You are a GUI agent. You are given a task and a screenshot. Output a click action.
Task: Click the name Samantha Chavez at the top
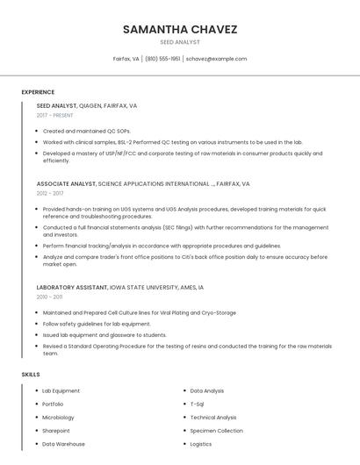pos(180,29)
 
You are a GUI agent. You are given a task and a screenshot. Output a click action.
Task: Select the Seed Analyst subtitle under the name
pos(180,42)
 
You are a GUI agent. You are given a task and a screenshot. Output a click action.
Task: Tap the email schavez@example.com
pos(216,59)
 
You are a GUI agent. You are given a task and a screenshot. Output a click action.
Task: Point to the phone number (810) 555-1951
pos(162,59)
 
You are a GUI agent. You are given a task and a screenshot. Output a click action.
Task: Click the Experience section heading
pos(38,92)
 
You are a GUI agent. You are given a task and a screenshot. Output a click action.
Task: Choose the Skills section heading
pos(31,375)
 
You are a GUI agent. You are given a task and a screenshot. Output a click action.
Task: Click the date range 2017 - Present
pos(54,115)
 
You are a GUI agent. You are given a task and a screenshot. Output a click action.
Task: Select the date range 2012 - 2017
pos(50,193)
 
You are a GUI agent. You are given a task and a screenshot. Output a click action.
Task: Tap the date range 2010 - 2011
pos(49,297)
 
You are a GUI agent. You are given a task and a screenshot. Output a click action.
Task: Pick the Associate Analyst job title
pos(66,184)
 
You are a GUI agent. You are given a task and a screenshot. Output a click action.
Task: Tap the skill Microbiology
pos(59,418)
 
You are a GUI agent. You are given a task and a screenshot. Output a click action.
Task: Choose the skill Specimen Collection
pos(217,431)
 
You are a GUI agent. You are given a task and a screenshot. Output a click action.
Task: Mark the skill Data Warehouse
pos(64,444)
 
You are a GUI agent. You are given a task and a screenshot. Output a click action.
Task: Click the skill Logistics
pos(202,444)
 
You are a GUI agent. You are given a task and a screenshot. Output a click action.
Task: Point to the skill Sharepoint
pos(56,431)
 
